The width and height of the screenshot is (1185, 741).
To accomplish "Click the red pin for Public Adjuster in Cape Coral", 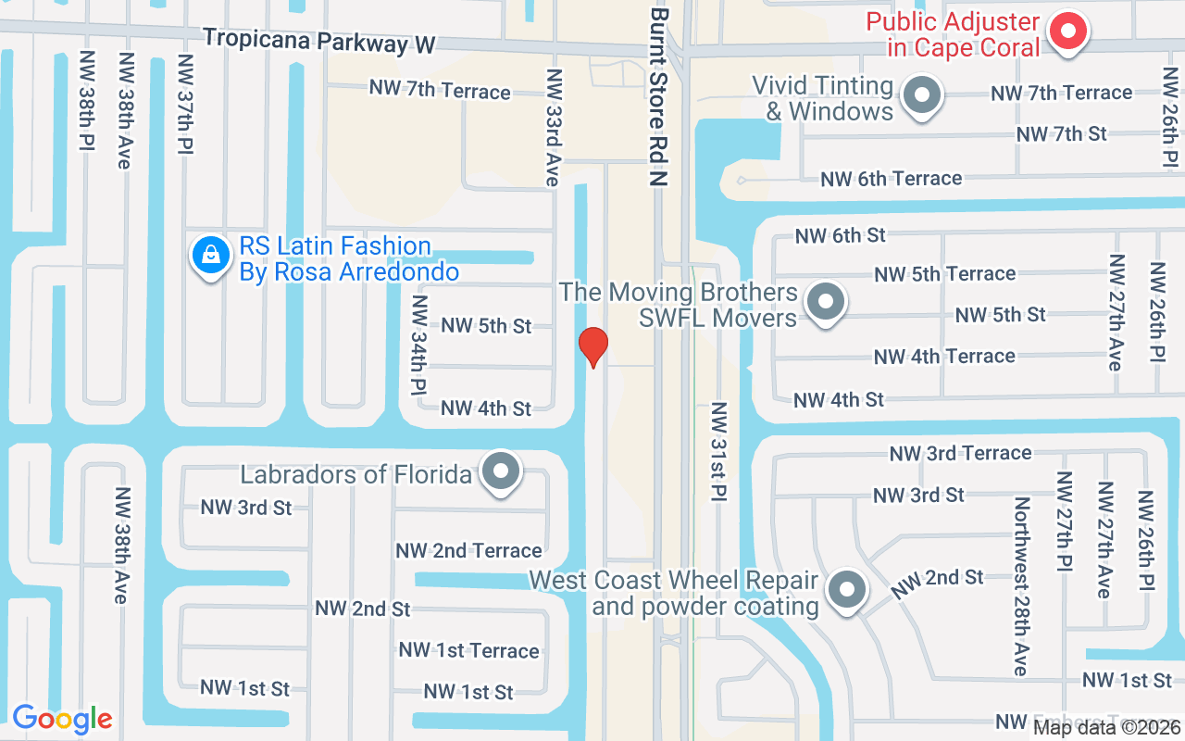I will [x=1068, y=32].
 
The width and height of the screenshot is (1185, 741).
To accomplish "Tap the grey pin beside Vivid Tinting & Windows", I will [x=921, y=95].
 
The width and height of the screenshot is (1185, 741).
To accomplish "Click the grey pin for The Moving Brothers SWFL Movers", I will [x=823, y=302].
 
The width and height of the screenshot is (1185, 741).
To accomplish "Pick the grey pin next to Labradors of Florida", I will [x=502, y=471].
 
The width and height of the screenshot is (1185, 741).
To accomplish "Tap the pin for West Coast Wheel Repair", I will [x=845, y=589].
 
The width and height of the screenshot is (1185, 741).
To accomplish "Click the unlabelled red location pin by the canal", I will [x=592, y=345].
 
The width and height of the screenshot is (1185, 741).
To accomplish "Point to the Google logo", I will [x=62, y=719].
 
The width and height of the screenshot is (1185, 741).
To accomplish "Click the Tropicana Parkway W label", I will [x=319, y=41].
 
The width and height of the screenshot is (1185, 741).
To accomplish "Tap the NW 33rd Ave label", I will [x=554, y=127].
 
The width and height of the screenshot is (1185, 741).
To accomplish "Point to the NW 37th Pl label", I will [x=186, y=104].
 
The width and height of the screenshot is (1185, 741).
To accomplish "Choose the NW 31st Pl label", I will [x=718, y=452].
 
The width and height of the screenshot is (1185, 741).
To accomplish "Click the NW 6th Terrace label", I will [x=891, y=179].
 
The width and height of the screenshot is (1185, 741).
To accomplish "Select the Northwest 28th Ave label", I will [x=1021, y=586].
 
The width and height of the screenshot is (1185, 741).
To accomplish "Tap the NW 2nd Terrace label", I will [x=468, y=551].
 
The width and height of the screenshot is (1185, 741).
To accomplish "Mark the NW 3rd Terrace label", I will [x=960, y=453].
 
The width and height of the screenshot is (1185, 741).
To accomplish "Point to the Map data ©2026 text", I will [x=1106, y=727].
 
